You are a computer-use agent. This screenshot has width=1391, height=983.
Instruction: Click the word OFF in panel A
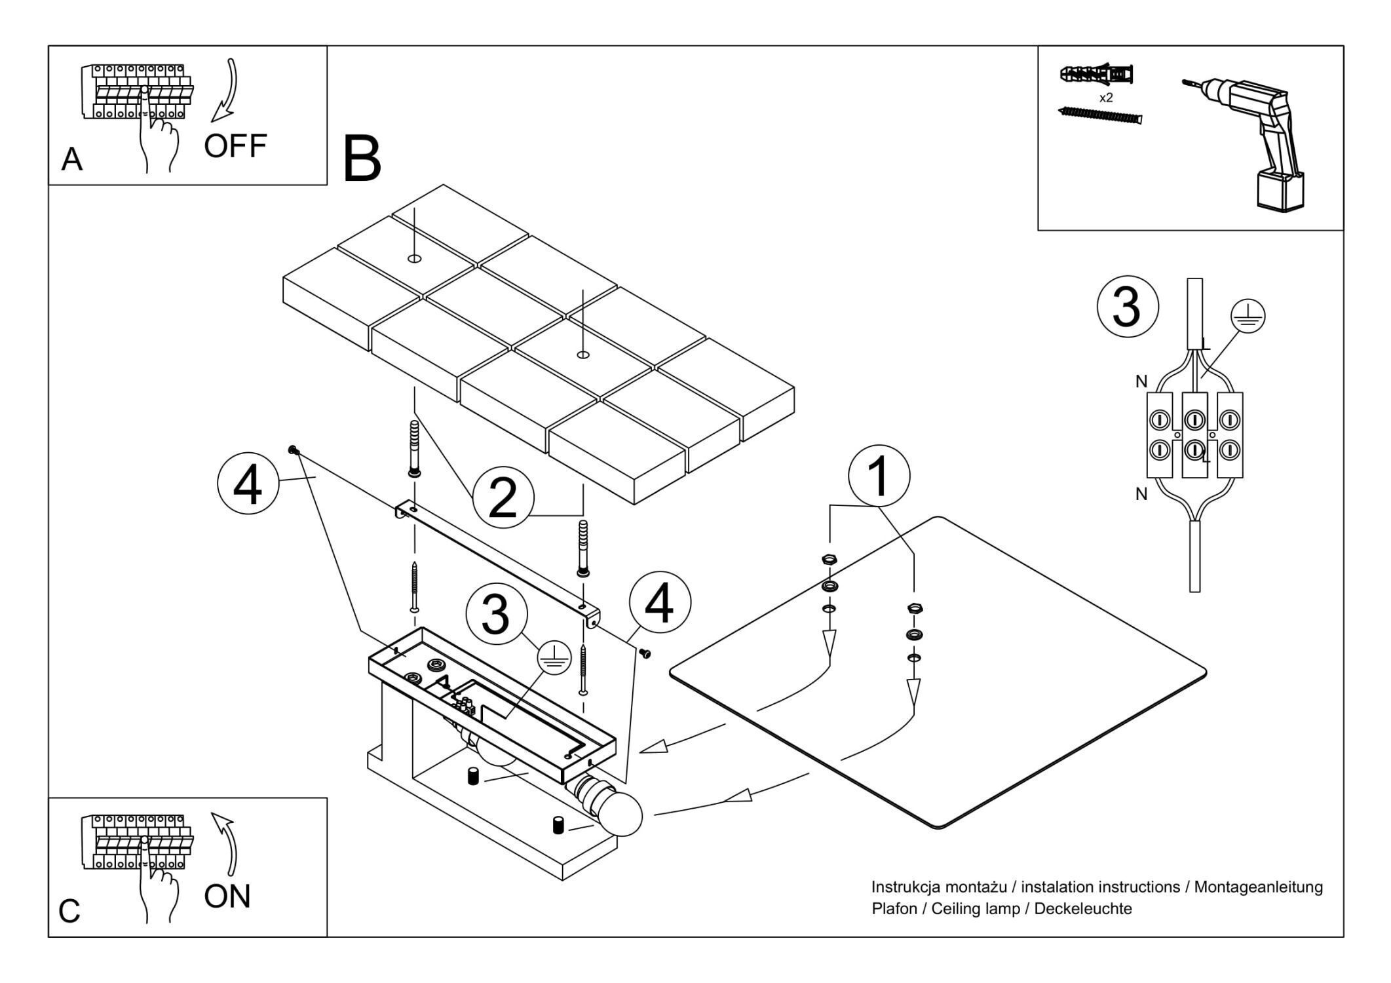(235, 145)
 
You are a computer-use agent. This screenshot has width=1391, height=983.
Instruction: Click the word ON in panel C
(227, 896)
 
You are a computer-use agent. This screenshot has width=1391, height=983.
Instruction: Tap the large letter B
(362, 159)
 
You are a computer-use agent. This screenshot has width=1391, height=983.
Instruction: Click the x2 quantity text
(1106, 98)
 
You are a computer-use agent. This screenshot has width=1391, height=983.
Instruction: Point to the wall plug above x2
(1097, 75)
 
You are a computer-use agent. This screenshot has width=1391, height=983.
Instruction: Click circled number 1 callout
(879, 477)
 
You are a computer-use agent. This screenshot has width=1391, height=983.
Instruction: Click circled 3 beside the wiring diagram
(1128, 307)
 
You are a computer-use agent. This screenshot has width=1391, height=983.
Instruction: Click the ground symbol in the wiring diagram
(1248, 316)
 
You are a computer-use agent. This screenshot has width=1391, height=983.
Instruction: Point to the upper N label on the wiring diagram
(1141, 381)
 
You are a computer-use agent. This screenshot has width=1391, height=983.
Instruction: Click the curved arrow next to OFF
(227, 92)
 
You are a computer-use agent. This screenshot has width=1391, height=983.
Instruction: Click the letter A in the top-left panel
(71, 159)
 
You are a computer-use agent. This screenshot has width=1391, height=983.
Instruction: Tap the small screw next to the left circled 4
(294, 450)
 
